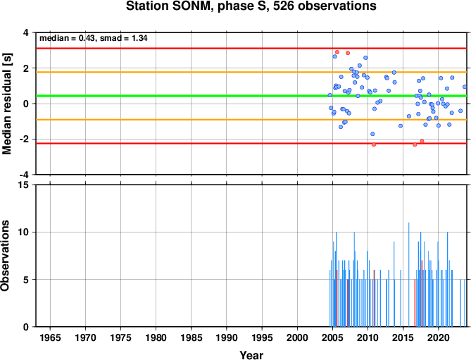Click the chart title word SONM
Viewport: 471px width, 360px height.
click(190, 6)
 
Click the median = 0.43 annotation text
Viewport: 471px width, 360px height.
click(68, 38)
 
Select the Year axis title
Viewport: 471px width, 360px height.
click(251, 355)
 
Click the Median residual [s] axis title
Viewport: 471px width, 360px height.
click(6, 104)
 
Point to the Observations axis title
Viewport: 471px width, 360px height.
click(5, 256)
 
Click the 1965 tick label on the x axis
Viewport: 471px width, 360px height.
click(50, 337)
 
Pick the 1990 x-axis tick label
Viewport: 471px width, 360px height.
click(227, 337)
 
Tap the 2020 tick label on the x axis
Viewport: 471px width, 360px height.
click(439, 337)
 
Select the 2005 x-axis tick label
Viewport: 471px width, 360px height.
click(332, 337)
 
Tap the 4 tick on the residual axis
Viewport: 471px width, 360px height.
click(27, 32)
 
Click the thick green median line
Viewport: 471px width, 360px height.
click(251, 96)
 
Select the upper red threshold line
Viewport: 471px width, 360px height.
click(251, 48)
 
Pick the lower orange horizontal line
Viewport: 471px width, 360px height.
click(251, 120)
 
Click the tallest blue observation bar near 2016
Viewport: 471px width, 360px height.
click(409, 275)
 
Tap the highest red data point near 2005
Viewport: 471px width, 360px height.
click(337, 52)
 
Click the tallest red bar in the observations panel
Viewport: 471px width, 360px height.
click(422, 293)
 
